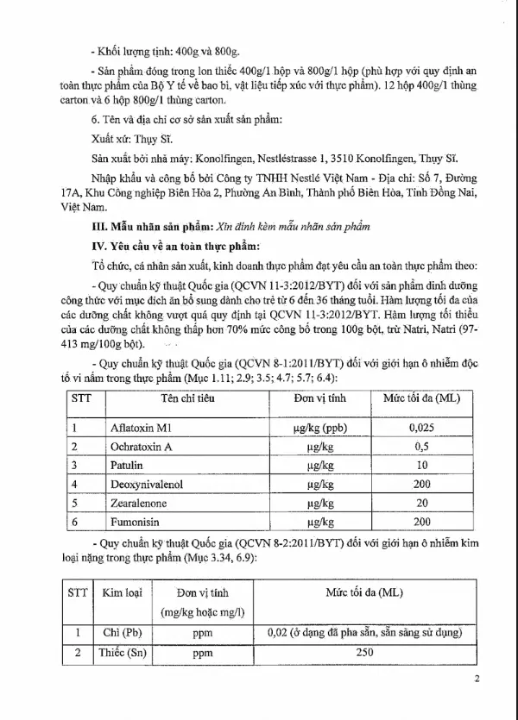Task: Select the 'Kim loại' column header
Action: (x=121, y=594)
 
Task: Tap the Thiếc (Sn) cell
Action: (x=121, y=653)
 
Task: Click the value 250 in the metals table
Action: (x=364, y=653)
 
